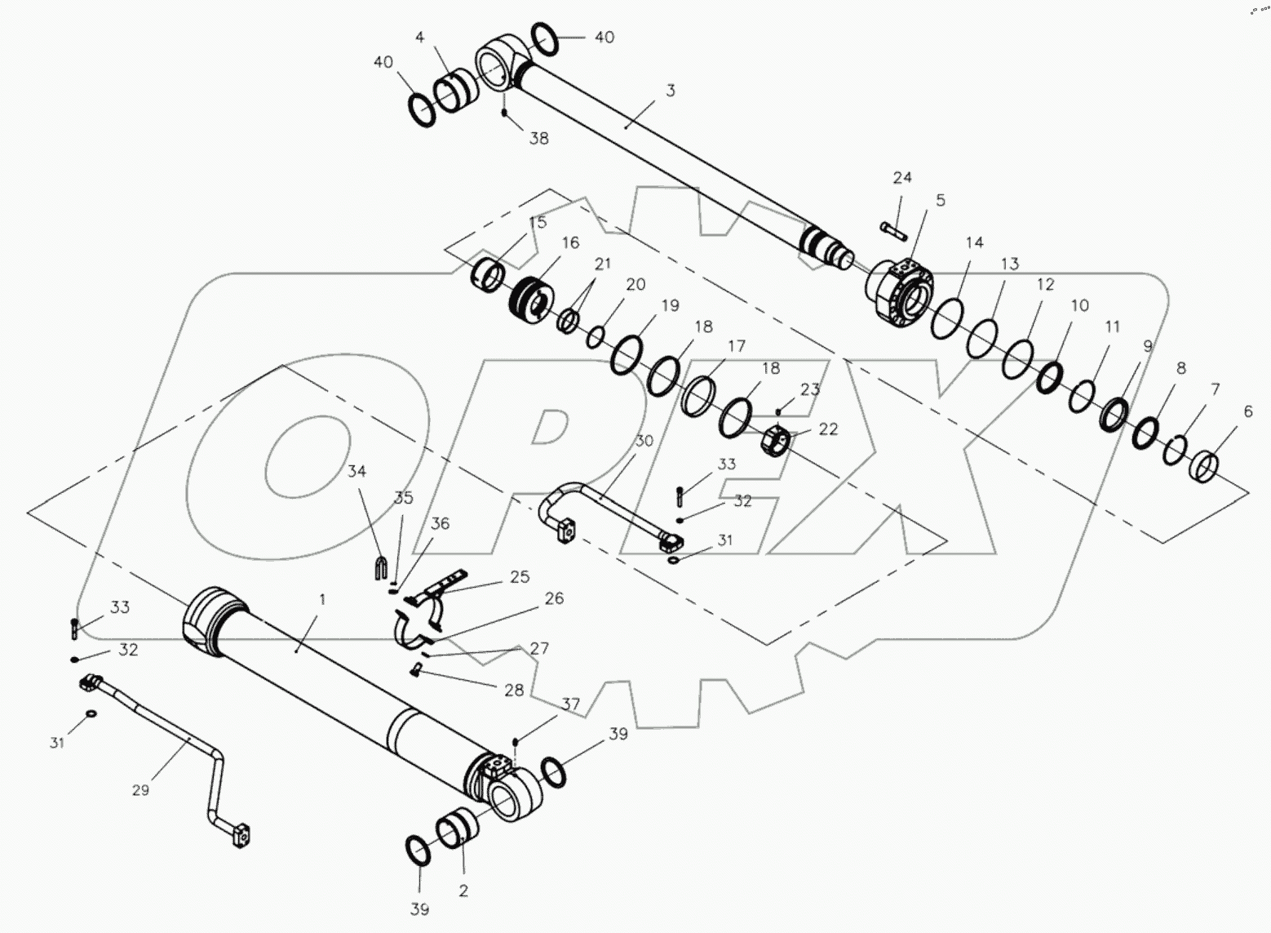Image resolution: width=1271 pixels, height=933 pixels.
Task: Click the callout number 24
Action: [x=901, y=178]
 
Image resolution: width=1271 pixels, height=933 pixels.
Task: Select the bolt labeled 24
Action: [x=894, y=231]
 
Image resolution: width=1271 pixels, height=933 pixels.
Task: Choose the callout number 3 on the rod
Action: [x=671, y=91]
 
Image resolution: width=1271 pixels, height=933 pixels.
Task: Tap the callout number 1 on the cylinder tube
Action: [x=322, y=599]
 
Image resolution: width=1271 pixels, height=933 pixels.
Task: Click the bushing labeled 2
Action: [x=457, y=833]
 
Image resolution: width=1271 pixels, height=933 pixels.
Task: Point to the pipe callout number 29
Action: [x=140, y=790]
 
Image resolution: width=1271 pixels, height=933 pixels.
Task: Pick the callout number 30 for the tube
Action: [x=644, y=441]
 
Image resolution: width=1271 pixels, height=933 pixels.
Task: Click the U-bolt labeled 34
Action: [x=379, y=566]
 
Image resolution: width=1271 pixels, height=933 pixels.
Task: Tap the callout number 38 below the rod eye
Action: [x=538, y=139]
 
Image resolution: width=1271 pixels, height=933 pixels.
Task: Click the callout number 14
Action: [x=975, y=242]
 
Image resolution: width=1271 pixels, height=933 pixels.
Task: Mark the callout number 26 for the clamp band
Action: [x=554, y=598]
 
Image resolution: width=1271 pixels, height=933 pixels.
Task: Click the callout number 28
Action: [x=513, y=691]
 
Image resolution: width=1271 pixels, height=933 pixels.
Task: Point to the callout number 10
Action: [x=1079, y=306]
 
